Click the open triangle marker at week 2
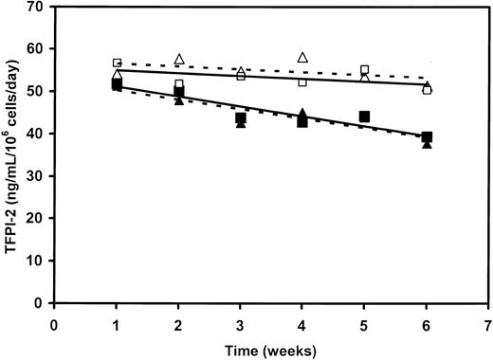pyautogui.click(x=178, y=60)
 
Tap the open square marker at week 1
pyautogui.click(x=117, y=63)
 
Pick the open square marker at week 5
pyautogui.click(x=365, y=70)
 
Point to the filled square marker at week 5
pyautogui.click(x=365, y=117)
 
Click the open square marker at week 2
pyautogui.click(x=178, y=85)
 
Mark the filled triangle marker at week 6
pyautogui.click(x=427, y=144)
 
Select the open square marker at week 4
pyautogui.click(x=302, y=82)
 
